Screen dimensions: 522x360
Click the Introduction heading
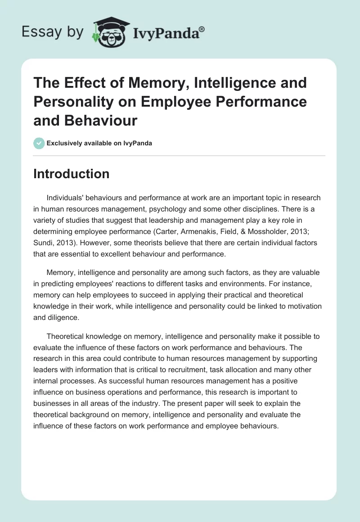click(71, 174)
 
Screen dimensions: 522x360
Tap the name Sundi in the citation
click(43, 243)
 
